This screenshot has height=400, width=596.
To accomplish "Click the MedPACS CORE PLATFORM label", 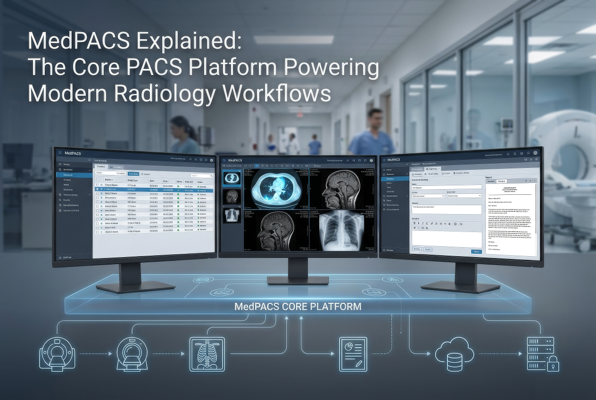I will point(298,307).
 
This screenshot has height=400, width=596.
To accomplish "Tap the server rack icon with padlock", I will point(542,354).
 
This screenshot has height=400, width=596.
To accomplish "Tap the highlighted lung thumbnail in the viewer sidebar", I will point(232,178).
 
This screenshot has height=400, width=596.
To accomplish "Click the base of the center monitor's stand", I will point(298,280).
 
